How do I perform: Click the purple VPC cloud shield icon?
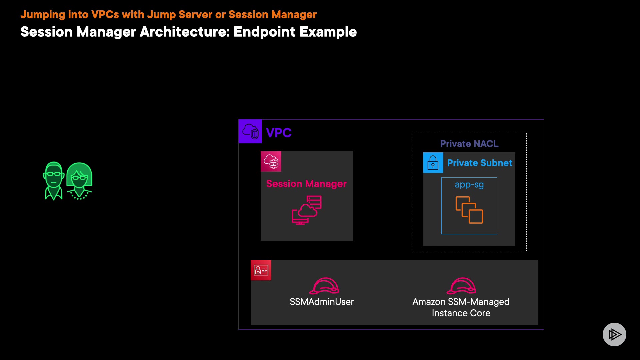(x=250, y=131)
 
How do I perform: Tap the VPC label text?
(x=279, y=133)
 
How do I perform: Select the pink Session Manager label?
(x=306, y=184)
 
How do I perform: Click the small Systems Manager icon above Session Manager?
(x=271, y=162)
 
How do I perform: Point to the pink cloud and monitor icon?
(x=307, y=210)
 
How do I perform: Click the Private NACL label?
(x=469, y=144)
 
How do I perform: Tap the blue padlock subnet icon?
(x=433, y=163)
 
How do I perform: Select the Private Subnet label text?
(x=479, y=163)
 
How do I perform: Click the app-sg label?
(x=469, y=185)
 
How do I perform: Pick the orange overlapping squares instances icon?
(x=469, y=210)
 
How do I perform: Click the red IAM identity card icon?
(x=261, y=270)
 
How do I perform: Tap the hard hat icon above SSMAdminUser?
(x=324, y=286)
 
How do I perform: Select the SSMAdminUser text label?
(x=322, y=302)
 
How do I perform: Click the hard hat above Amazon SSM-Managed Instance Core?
(x=461, y=286)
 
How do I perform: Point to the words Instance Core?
(x=461, y=313)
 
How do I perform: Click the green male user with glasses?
(x=54, y=180)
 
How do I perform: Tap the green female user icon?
(x=79, y=181)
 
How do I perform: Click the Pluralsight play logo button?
(x=614, y=334)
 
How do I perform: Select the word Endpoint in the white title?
(x=264, y=32)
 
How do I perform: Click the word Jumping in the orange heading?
(x=43, y=15)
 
